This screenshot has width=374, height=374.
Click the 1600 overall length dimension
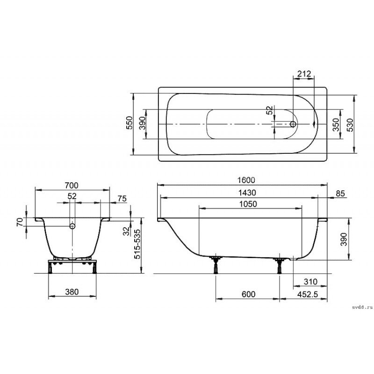(246, 180)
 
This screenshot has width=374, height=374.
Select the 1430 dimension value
(247, 193)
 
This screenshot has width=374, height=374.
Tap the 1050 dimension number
(248, 204)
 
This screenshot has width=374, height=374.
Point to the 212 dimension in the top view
(304, 74)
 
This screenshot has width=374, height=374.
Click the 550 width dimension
(129, 122)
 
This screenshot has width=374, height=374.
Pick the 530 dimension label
(350, 125)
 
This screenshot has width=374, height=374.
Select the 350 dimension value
(336, 125)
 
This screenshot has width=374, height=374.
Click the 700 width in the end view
(72, 185)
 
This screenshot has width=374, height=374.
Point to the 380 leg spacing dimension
(72, 292)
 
